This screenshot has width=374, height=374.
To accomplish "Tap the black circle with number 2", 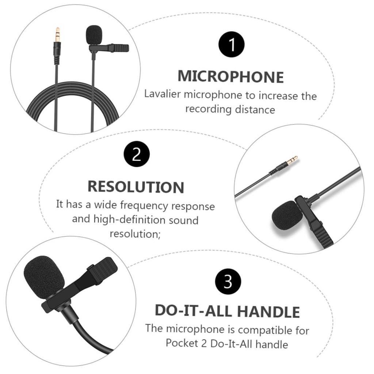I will coord(137,154).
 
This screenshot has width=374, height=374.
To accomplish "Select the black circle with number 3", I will coord(228,282).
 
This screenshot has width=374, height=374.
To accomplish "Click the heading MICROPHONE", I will coord(230,77).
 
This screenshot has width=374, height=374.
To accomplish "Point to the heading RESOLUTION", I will coord(136,186).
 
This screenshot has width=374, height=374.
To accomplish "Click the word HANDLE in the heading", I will coord(268,312).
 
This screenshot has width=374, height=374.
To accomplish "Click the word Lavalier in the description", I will coord(162,94).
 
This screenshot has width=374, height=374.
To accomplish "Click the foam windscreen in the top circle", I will coord(94,35).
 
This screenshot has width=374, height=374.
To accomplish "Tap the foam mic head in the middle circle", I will coord(287,215).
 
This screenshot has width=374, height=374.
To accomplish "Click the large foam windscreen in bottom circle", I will coord(43,276).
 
